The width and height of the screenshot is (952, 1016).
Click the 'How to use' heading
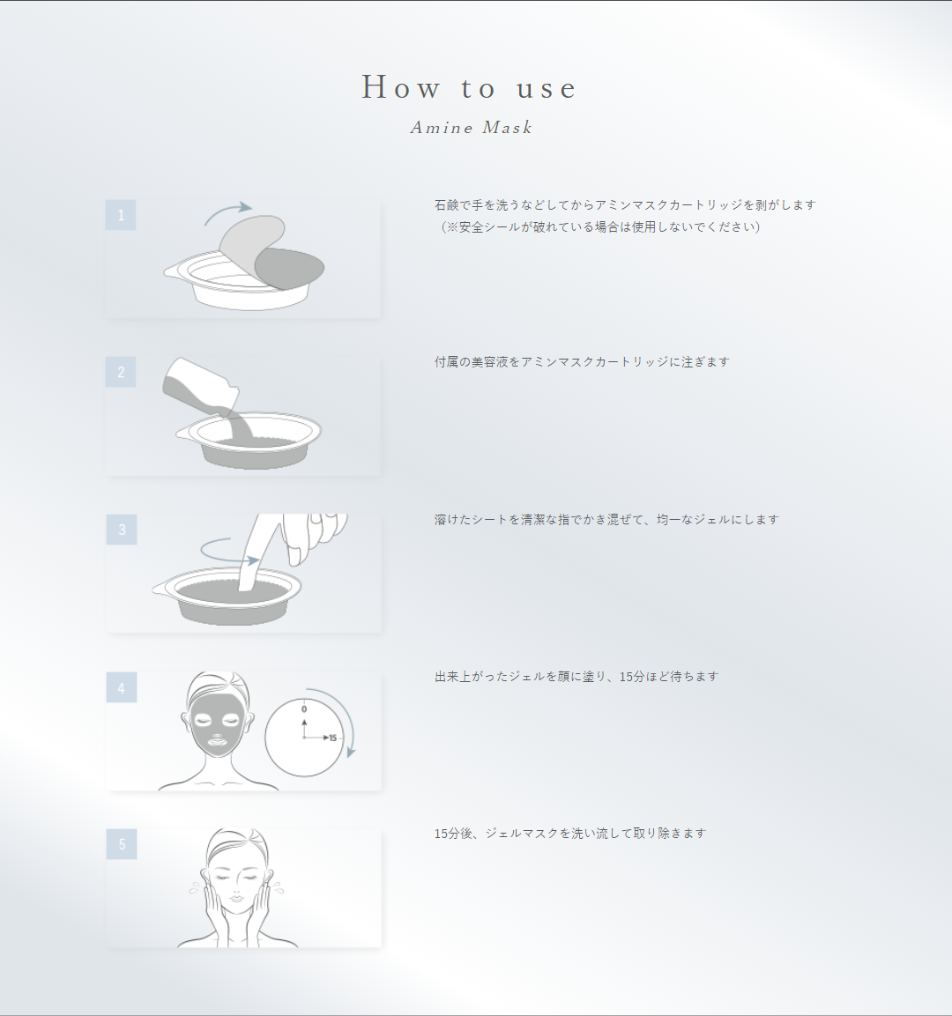(469, 88)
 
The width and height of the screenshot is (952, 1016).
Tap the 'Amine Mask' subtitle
(472, 128)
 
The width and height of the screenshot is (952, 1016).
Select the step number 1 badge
(121, 215)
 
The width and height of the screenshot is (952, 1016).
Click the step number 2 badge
(121, 372)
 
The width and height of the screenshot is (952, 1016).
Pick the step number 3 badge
(122, 530)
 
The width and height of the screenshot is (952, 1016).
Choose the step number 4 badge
(122, 687)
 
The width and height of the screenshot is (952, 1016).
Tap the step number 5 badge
(122, 844)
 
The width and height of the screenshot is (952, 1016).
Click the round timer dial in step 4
(304, 737)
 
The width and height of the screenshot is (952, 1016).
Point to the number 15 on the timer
(333, 738)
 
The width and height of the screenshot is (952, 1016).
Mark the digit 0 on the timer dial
(304, 708)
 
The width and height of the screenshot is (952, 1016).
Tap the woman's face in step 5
(235, 881)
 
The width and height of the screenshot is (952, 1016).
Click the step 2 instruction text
(582, 362)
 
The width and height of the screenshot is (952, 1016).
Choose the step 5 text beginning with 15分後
(570, 834)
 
